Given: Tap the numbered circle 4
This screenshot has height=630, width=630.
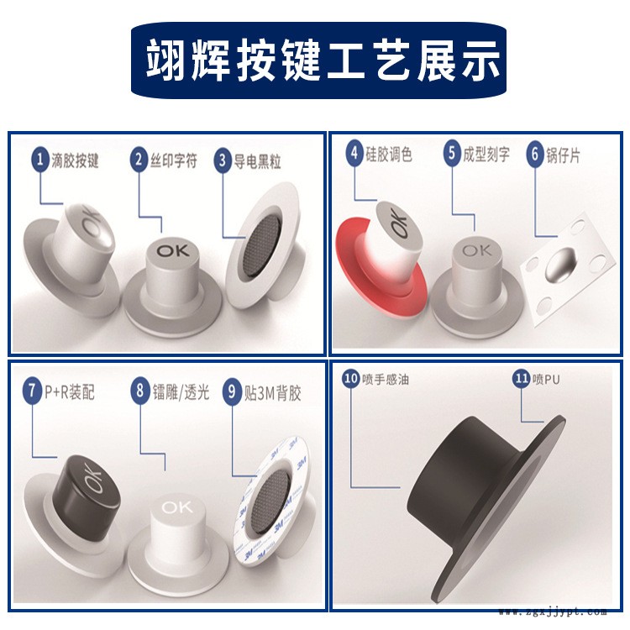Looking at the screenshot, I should (x=355, y=155).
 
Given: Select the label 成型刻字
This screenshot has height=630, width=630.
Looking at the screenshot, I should (x=486, y=155).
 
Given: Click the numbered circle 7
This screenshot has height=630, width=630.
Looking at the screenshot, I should (x=32, y=390).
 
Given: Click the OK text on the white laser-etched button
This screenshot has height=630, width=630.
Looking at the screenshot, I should (x=177, y=507).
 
